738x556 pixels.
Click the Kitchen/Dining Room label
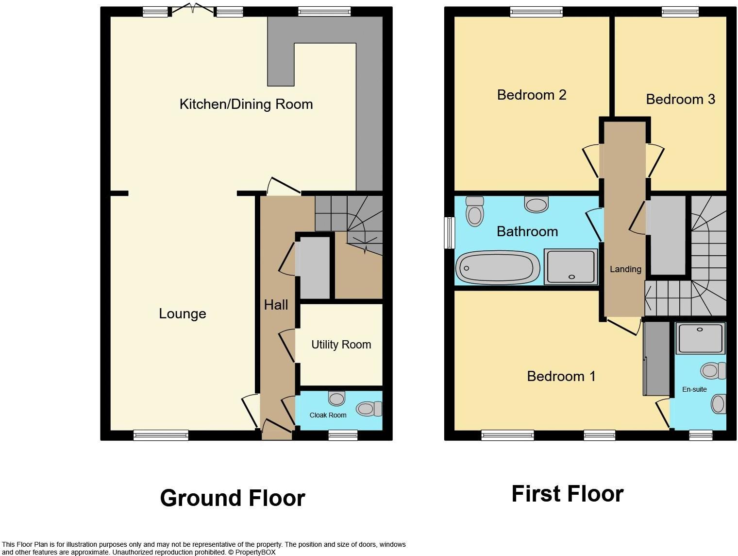point(246,104)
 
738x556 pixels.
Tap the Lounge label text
point(183,313)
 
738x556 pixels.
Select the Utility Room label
point(341,345)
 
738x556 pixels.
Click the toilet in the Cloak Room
point(369,409)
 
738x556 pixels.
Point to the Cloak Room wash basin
point(336,399)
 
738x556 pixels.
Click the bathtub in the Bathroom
point(498,268)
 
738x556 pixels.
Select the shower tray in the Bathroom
point(571,266)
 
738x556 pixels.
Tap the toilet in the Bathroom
point(475,211)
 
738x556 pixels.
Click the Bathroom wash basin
point(537,204)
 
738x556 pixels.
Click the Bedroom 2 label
point(532,95)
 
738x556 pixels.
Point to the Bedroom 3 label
point(681,99)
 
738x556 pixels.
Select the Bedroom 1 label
point(561,376)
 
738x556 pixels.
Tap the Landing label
point(625,269)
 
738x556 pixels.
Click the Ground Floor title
point(233,498)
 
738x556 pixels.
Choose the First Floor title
point(568,494)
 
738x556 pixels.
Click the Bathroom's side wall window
point(450,233)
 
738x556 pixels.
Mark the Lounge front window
point(161,435)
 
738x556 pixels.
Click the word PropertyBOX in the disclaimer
point(255,552)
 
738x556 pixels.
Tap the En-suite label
point(694,389)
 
